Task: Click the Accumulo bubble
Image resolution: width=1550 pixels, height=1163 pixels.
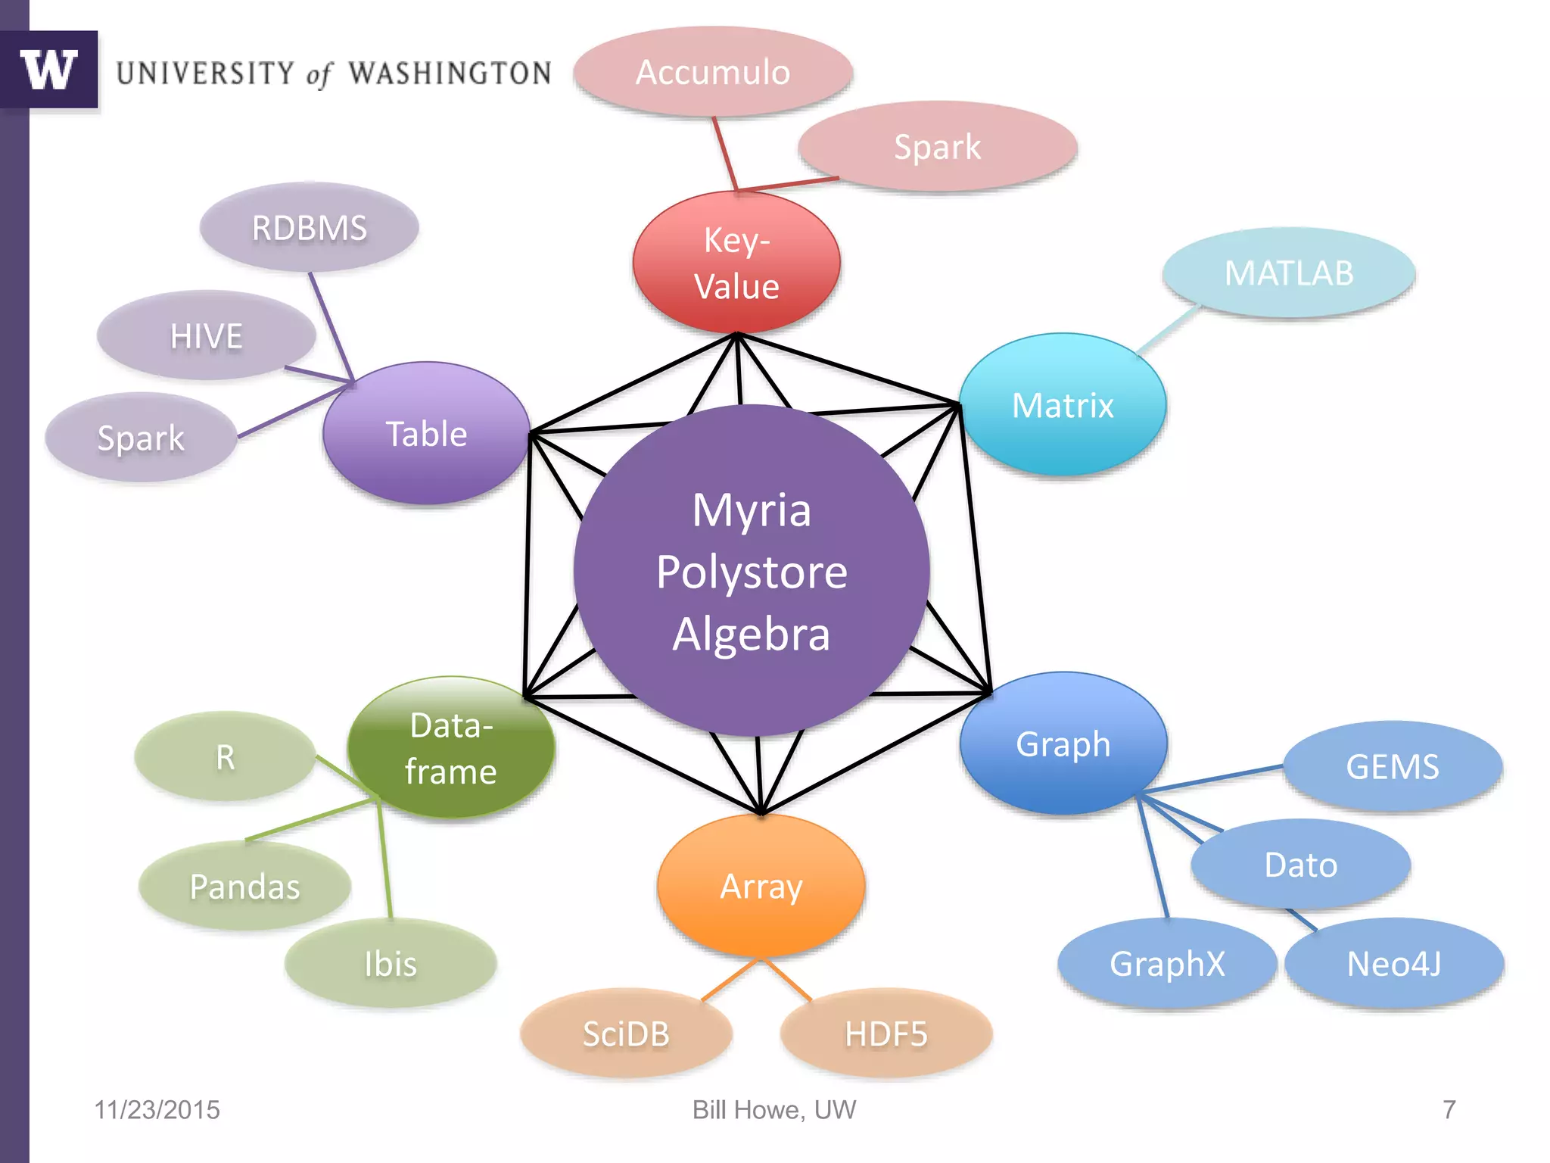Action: tap(713, 73)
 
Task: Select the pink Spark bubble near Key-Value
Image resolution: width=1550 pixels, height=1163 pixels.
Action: tap(937, 146)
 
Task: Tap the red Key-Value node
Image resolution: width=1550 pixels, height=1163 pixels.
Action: tap(736, 263)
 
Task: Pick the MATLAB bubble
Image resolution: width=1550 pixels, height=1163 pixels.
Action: tap(1289, 273)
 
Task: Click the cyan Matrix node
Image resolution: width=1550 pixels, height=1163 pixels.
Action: tap(1063, 405)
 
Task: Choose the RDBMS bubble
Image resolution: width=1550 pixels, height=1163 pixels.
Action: tap(309, 228)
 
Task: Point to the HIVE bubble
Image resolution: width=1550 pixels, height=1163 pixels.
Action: tap(206, 335)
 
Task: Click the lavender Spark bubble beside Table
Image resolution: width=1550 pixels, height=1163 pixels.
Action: tap(141, 438)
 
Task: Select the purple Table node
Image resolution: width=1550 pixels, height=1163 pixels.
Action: tap(426, 434)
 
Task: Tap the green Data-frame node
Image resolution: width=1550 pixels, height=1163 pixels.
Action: tap(451, 748)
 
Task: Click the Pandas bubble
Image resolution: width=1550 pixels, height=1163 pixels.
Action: tap(244, 886)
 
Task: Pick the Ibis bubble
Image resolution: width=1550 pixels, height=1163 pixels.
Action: tap(391, 964)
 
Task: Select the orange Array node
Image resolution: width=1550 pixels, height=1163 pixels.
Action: tap(761, 886)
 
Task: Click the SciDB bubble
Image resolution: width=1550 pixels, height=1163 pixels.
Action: tap(626, 1034)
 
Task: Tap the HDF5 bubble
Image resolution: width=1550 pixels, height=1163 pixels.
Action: tap(885, 1034)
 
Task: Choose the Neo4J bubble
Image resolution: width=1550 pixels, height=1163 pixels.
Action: tap(1394, 964)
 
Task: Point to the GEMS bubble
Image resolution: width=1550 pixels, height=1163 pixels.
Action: tap(1393, 766)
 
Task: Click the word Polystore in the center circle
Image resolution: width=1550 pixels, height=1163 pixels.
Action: tap(752, 572)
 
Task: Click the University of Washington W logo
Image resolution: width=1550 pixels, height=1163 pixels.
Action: tap(49, 70)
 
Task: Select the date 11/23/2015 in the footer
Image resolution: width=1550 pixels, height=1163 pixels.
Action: tap(157, 1110)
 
